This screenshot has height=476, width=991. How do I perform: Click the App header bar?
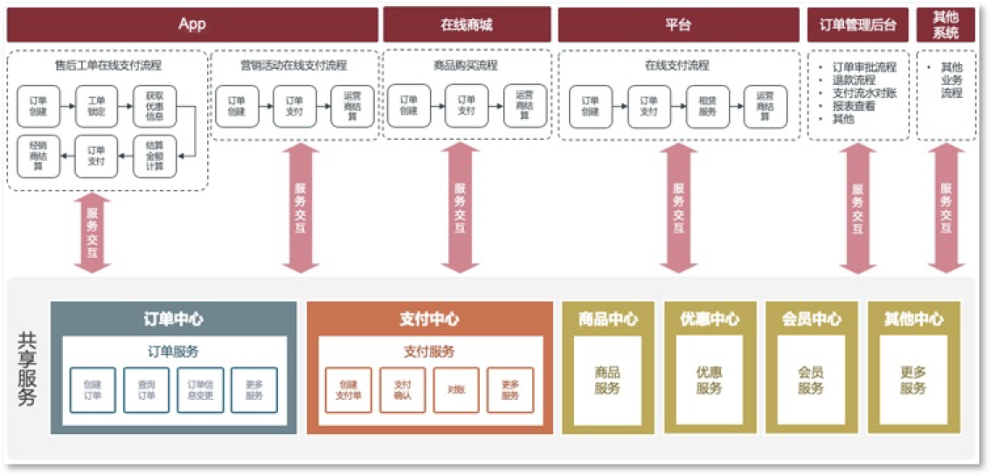(x=192, y=24)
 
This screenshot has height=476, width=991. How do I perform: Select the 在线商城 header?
(x=467, y=24)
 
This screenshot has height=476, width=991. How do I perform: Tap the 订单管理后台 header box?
(x=857, y=24)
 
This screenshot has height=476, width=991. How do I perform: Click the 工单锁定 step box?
(x=96, y=106)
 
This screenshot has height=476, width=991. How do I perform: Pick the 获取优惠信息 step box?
(x=154, y=106)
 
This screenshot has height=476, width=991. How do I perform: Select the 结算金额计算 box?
(x=154, y=156)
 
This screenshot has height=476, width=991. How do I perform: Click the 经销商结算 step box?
(x=38, y=156)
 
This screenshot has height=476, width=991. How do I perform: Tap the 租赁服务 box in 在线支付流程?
(x=707, y=106)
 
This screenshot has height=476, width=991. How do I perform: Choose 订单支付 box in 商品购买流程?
(x=467, y=106)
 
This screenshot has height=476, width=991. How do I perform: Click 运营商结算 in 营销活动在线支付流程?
(x=352, y=106)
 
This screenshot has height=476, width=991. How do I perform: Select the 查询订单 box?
(x=146, y=390)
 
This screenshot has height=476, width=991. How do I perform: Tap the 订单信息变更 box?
(x=200, y=390)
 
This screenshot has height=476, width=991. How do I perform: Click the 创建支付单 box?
(x=348, y=390)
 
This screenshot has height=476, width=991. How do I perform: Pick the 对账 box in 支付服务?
(x=455, y=390)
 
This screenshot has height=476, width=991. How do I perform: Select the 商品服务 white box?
(x=607, y=381)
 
